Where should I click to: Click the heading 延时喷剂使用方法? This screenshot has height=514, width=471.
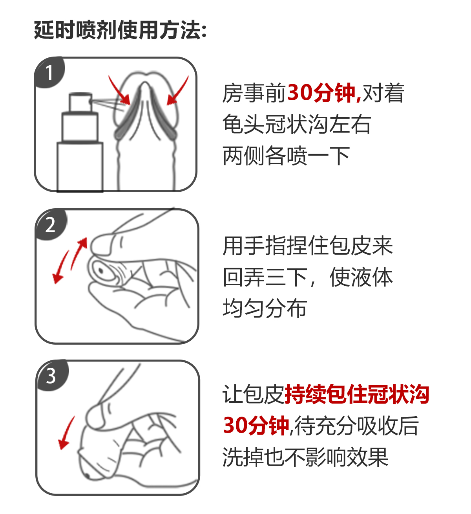(x=120, y=30)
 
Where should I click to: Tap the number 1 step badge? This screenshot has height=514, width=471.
(x=49, y=73)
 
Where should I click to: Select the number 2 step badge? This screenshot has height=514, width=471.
(x=50, y=225)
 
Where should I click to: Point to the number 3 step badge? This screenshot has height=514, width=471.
(x=51, y=376)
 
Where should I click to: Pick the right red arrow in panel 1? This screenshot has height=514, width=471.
(x=177, y=91)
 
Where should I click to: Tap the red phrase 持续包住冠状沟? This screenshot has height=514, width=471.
(x=356, y=395)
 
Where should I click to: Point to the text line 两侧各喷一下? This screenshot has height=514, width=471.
(x=286, y=156)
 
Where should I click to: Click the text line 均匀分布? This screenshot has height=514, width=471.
(x=265, y=308)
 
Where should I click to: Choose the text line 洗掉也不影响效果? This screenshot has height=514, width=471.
(x=305, y=457)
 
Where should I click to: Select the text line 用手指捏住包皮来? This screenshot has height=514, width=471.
(x=308, y=246)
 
